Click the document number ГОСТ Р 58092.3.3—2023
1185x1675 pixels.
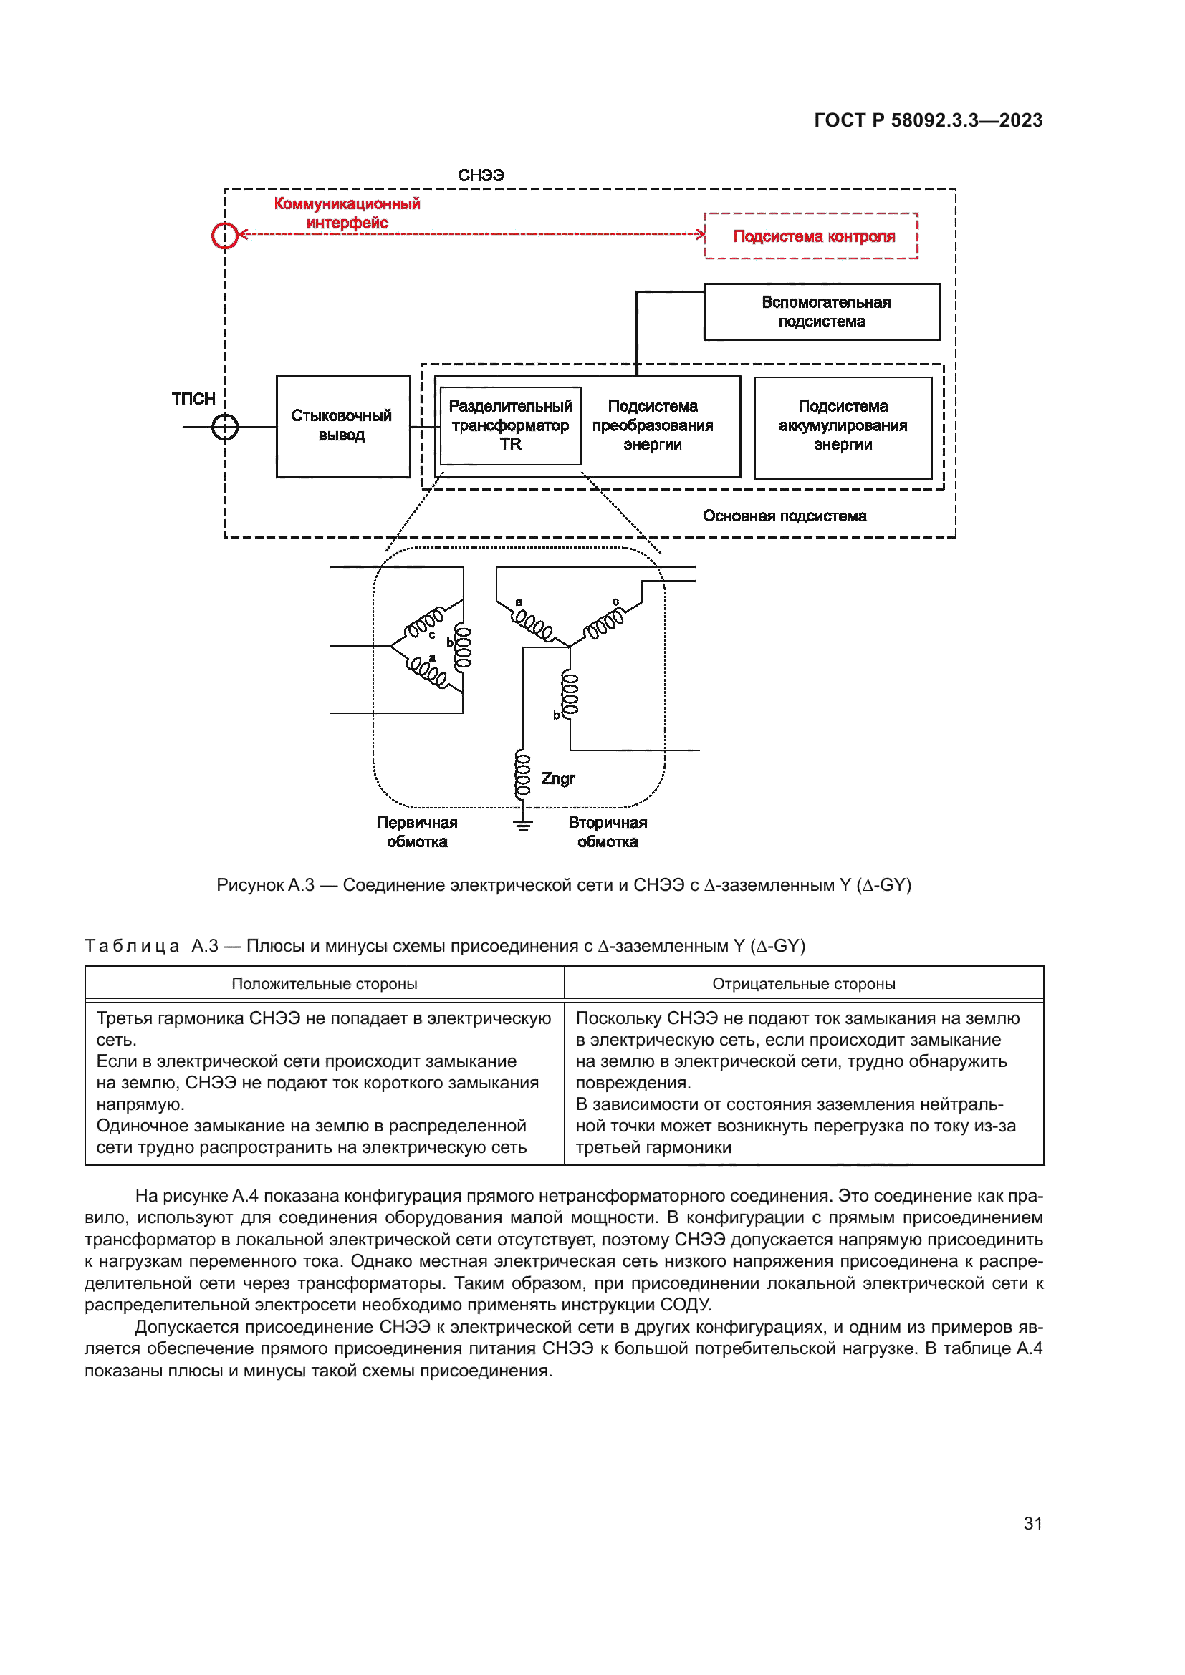tap(927, 120)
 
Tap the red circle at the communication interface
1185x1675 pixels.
tap(225, 235)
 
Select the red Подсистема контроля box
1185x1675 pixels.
tap(811, 236)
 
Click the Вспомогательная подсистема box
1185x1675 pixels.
tap(822, 312)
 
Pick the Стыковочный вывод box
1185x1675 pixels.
tap(342, 426)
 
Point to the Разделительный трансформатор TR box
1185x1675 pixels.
tap(510, 425)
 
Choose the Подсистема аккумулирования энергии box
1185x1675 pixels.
tap(842, 426)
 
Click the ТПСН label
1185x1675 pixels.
tap(193, 399)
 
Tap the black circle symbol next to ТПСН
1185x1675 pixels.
tap(225, 427)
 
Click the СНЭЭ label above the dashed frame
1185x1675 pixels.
tap(481, 175)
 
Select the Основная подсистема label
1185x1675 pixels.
tap(785, 516)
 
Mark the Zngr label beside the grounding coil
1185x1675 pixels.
tap(558, 778)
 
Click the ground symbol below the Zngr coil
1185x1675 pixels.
tap(522, 825)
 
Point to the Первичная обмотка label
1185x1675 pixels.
tap(417, 832)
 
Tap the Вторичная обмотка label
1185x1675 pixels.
tap(608, 832)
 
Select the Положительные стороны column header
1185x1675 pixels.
tap(324, 984)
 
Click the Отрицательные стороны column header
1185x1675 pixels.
tap(803, 984)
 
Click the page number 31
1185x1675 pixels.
tap(1032, 1524)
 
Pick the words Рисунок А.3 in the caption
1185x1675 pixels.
tap(265, 886)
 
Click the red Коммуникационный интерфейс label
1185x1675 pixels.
tap(347, 213)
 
